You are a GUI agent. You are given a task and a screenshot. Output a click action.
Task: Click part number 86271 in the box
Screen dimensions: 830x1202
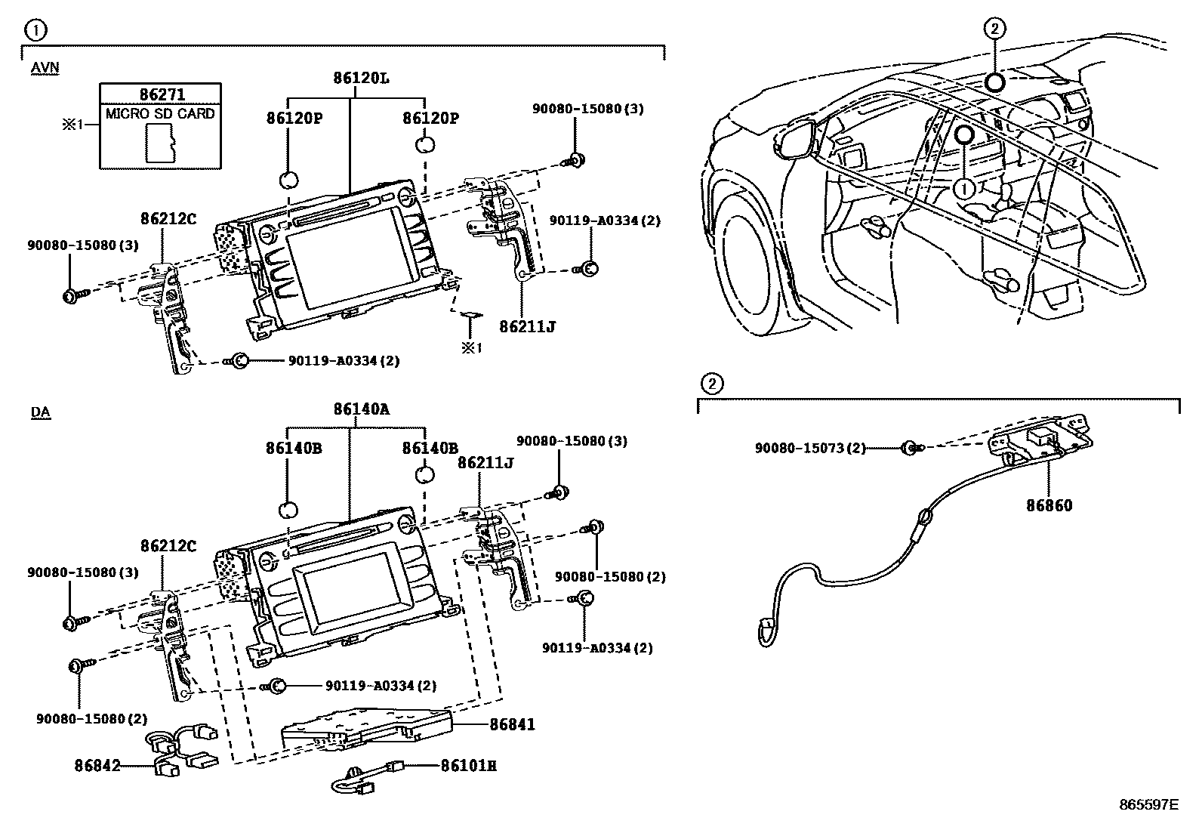point(162,94)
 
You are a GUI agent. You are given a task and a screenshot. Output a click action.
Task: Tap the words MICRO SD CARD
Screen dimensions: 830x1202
point(160,114)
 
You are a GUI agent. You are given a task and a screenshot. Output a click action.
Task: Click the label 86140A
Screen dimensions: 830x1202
point(362,410)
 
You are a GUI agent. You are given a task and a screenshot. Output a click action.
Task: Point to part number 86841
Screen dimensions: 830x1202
point(512,724)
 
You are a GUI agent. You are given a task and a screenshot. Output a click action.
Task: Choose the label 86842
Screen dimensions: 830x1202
point(98,766)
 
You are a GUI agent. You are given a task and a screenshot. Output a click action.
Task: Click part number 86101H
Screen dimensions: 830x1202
point(469,766)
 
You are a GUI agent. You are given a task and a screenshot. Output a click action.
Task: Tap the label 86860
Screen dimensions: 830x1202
point(1049,505)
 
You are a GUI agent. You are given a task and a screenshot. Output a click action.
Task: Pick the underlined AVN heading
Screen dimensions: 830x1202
point(45,68)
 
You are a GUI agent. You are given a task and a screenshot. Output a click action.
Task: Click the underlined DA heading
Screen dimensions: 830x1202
point(41,413)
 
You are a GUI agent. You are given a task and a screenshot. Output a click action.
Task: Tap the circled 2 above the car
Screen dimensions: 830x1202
point(994,29)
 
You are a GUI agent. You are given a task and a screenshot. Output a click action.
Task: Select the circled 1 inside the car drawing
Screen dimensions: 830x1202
point(964,187)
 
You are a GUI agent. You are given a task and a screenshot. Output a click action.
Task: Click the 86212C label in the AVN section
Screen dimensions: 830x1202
point(168,219)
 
